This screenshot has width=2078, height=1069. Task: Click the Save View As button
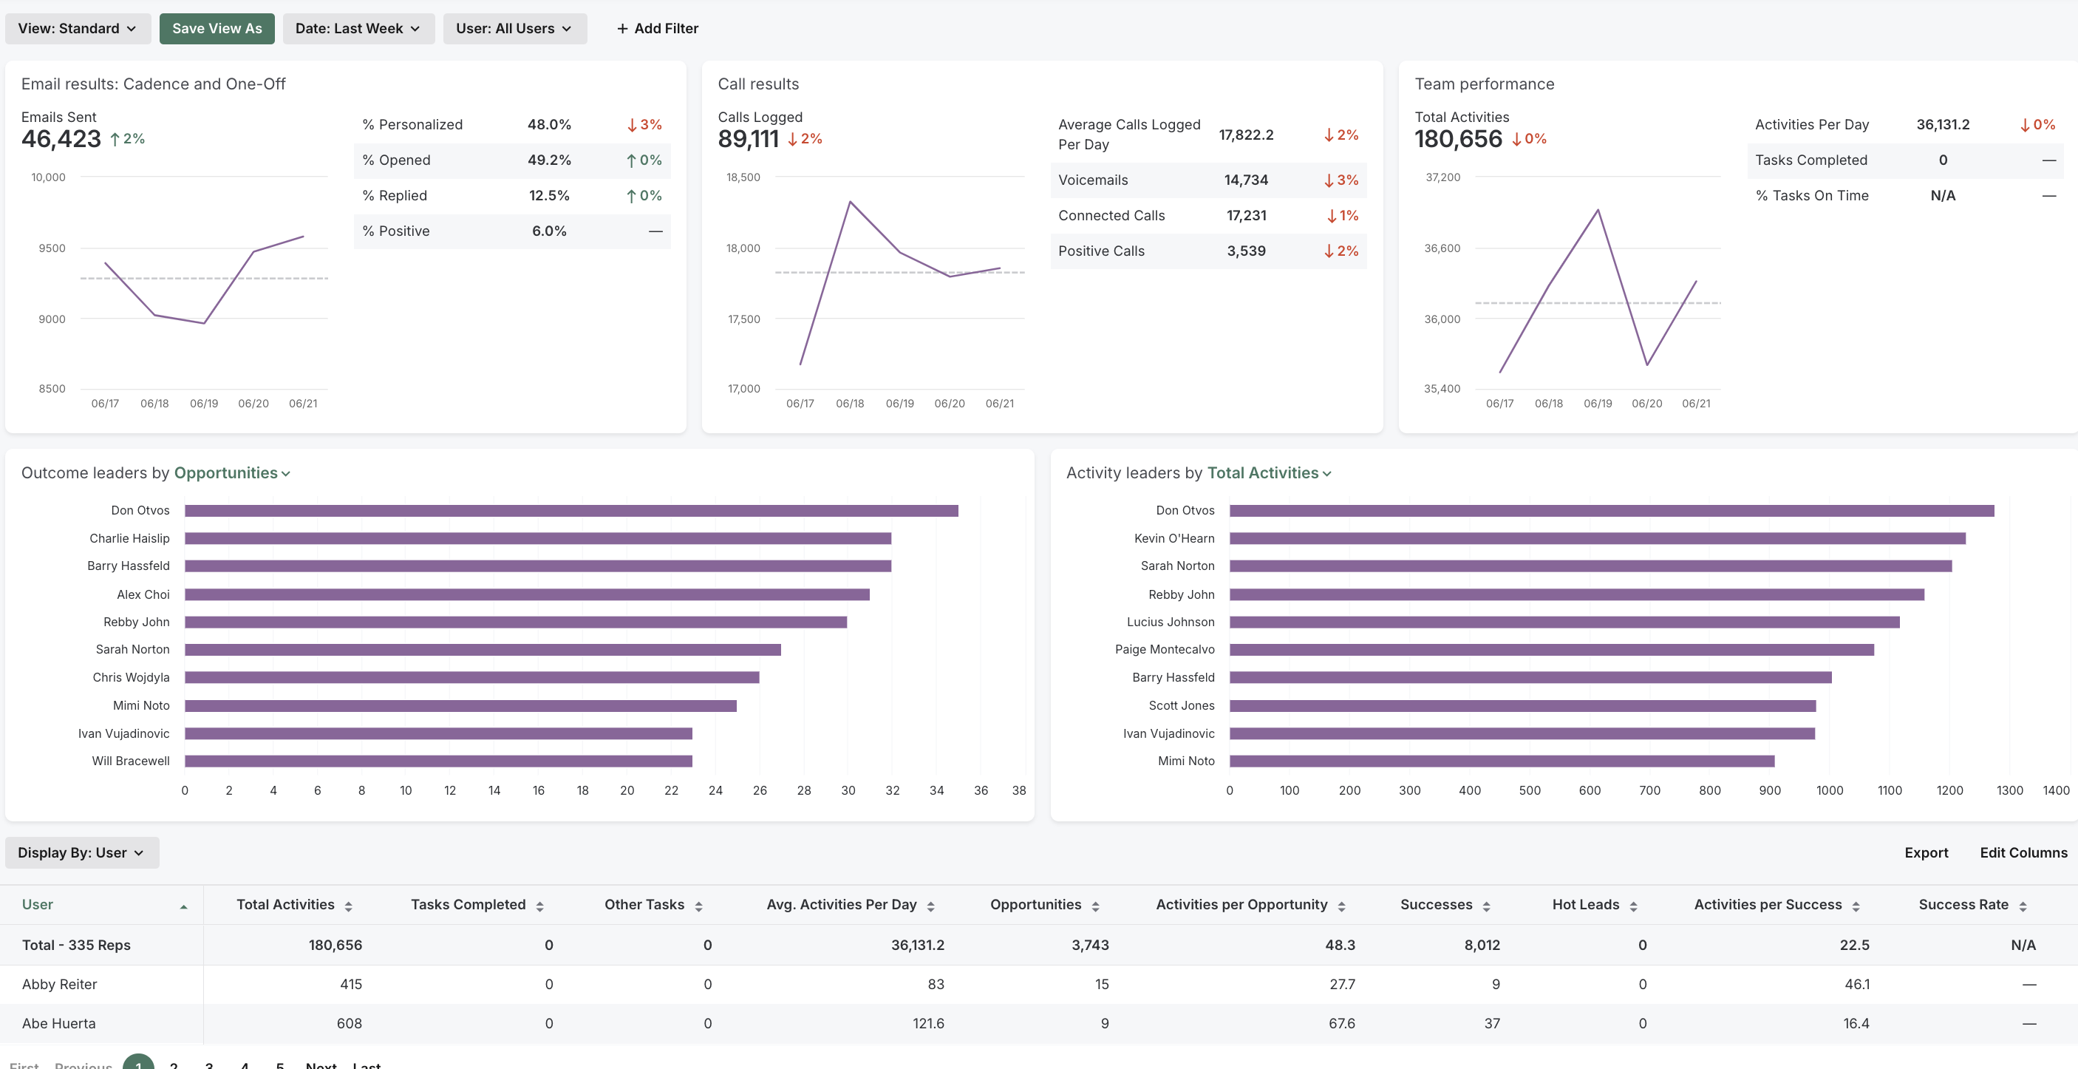(x=217, y=28)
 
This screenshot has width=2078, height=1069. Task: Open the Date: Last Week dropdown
(x=358, y=28)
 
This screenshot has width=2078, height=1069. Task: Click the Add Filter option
(x=658, y=28)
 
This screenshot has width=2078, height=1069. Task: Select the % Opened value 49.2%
(x=548, y=160)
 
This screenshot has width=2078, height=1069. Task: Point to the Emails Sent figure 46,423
(x=61, y=139)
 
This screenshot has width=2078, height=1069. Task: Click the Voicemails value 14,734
(x=1245, y=180)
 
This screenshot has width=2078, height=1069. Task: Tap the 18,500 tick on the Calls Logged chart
(x=743, y=177)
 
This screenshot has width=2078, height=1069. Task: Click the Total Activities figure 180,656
(x=1458, y=139)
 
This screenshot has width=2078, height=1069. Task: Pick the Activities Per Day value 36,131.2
(x=1943, y=124)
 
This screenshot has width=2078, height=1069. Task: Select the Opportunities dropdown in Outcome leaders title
(x=231, y=473)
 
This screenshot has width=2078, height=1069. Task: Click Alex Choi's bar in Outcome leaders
(x=527, y=594)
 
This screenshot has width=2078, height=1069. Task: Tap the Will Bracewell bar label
(x=131, y=761)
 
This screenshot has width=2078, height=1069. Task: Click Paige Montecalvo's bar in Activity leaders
(x=1550, y=650)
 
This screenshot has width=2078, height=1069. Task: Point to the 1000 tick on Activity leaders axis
(x=1829, y=790)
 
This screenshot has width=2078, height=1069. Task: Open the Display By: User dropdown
(x=81, y=853)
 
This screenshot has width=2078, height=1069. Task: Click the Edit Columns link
(x=2023, y=853)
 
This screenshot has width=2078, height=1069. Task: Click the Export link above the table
(x=1926, y=853)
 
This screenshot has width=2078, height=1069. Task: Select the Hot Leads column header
(x=1585, y=904)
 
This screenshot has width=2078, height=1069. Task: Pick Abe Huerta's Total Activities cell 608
(x=349, y=1023)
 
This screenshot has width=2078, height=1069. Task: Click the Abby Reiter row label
(x=60, y=984)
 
